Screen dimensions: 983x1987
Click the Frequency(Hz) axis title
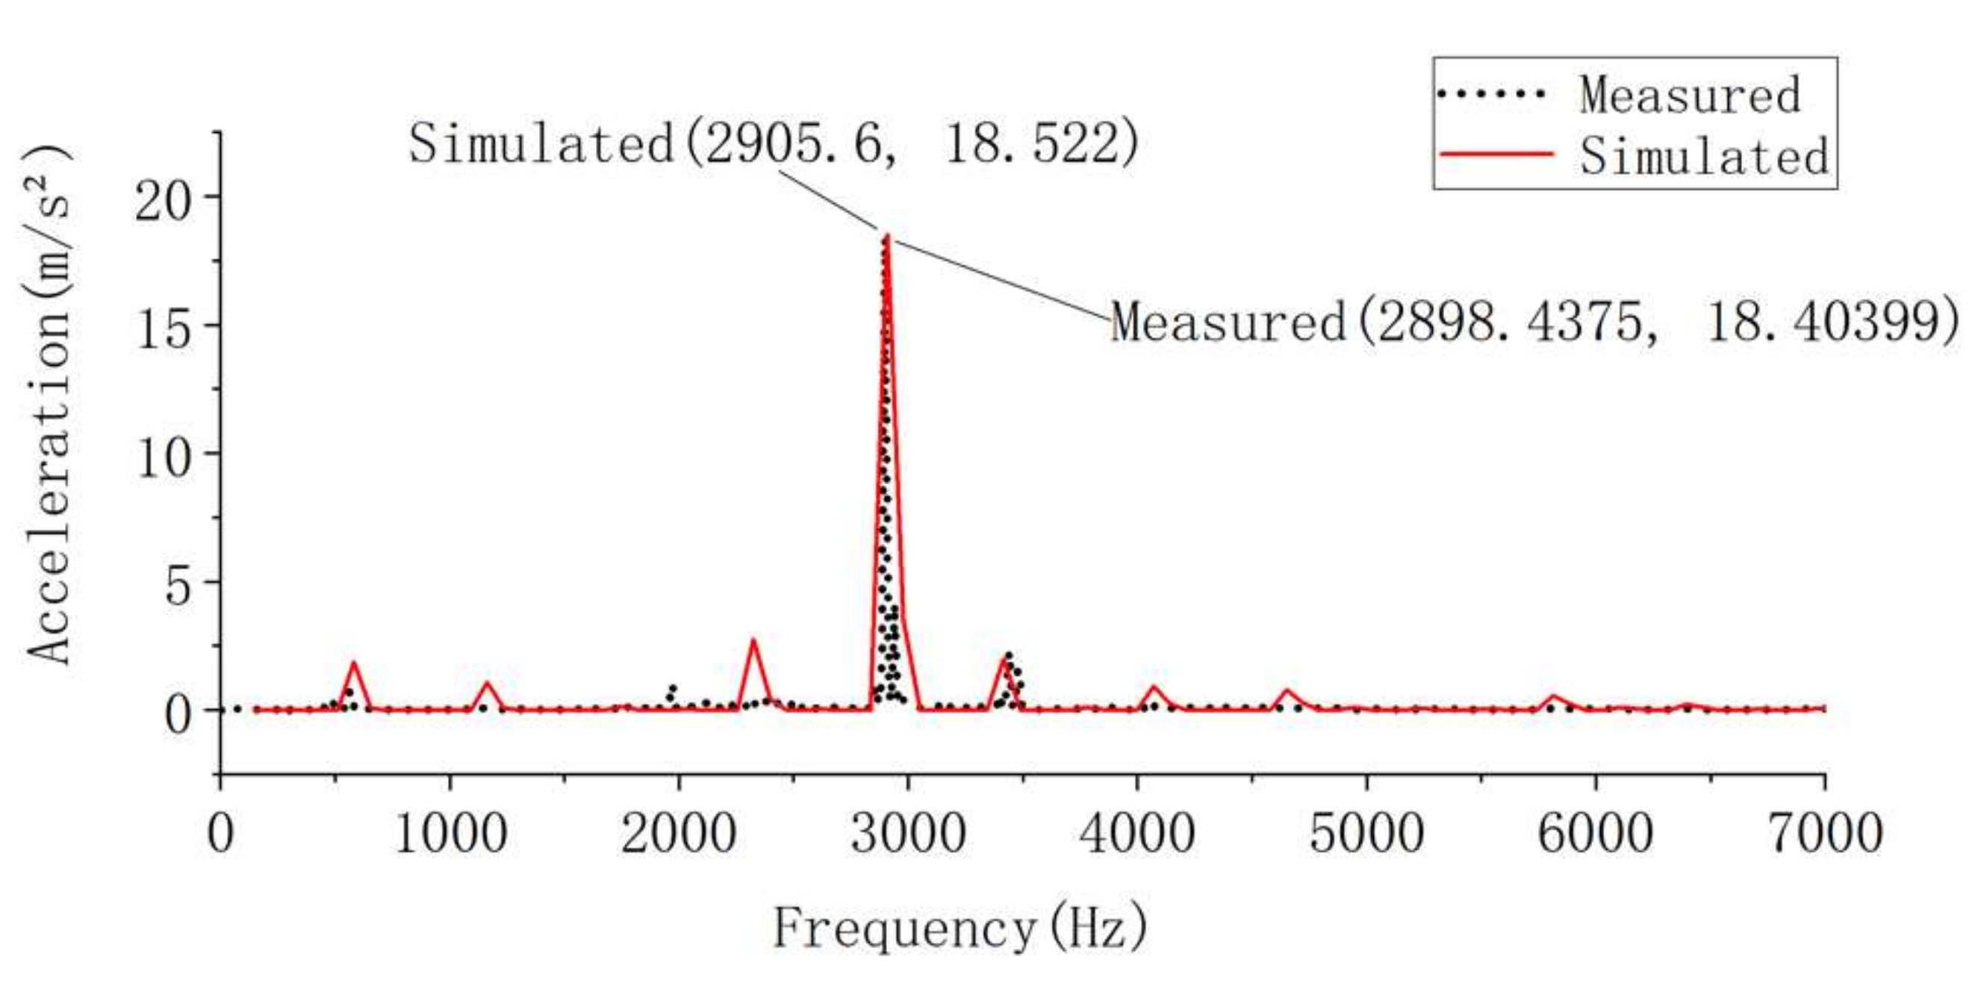tap(960, 928)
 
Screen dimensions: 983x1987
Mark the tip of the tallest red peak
tap(887, 235)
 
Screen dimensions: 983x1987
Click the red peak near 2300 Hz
tap(753, 639)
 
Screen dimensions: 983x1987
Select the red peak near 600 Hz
tap(354, 662)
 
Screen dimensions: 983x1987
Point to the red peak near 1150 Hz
tap(487, 682)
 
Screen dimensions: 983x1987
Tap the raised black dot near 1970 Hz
tap(673, 687)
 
